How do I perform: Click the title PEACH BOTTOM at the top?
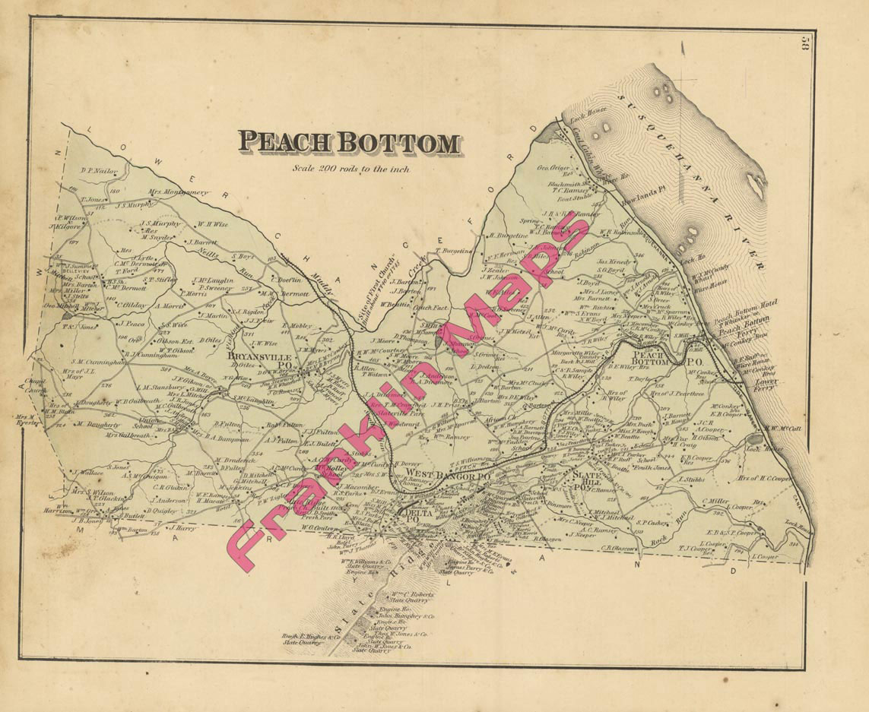coord(349,142)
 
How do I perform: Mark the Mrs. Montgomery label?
coord(178,192)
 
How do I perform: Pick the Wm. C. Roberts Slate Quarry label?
coord(413,597)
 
